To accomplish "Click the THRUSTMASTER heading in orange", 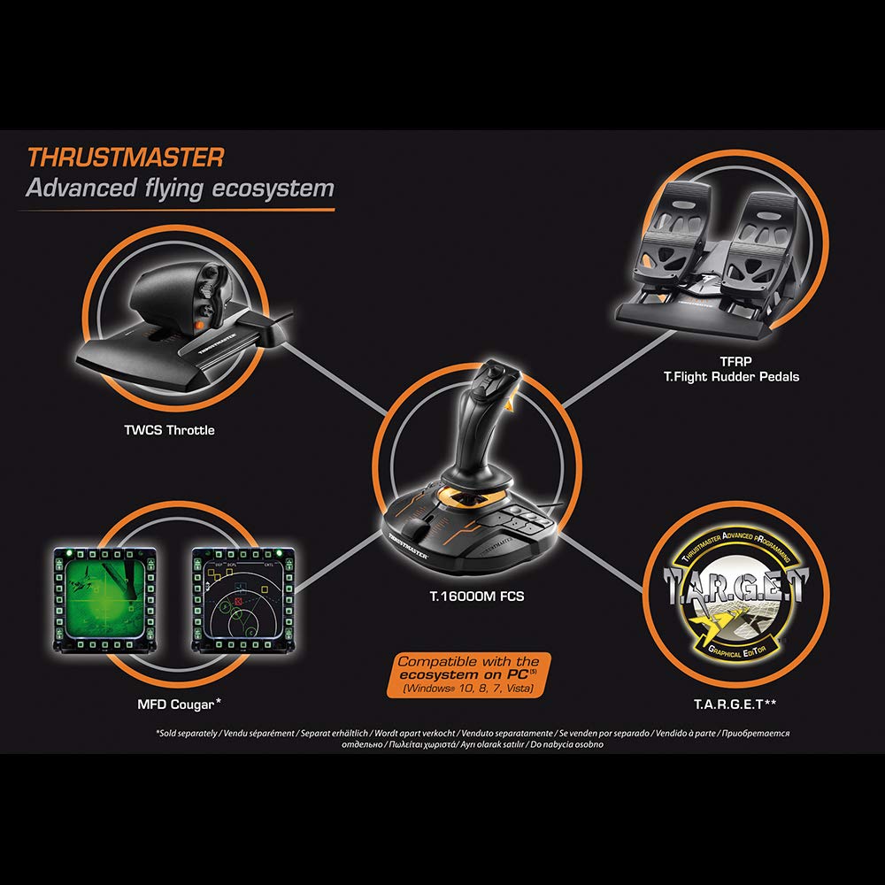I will tap(125, 158).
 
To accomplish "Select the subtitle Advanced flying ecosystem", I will tap(180, 189).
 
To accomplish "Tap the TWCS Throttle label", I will tap(169, 430).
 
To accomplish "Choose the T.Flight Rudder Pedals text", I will tap(731, 377).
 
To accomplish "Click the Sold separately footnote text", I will tap(472, 739).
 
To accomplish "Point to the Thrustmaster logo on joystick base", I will tap(406, 550).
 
